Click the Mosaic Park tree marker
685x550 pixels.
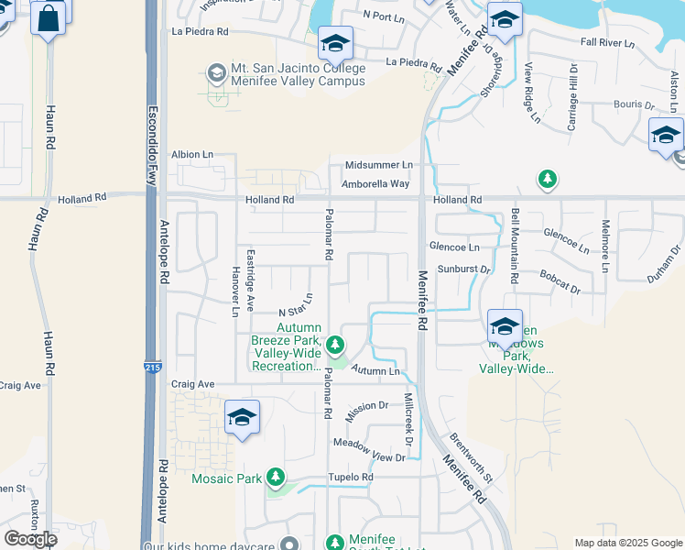pyautogui.click(x=275, y=478)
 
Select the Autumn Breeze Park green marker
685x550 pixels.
pyautogui.click(x=336, y=346)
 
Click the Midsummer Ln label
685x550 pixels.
pyautogui.click(x=378, y=165)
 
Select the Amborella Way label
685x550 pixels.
pyautogui.click(x=375, y=184)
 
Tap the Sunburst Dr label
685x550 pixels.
pyautogui.click(x=464, y=269)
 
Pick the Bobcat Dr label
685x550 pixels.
pyautogui.click(x=560, y=280)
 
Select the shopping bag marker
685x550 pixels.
pyautogui.click(x=49, y=17)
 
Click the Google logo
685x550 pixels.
pyautogui.click(x=30, y=539)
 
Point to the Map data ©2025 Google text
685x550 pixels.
pyautogui.click(x=628, y=543)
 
